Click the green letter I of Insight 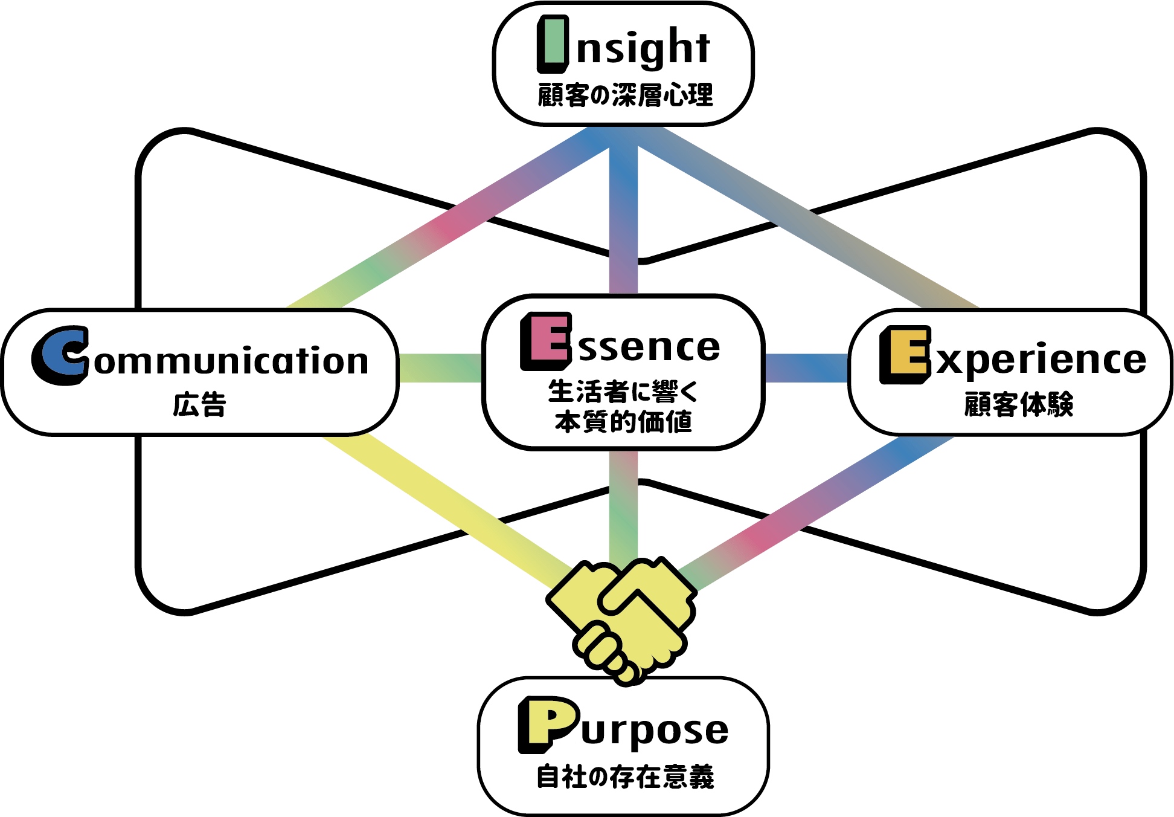[x=552, y=44]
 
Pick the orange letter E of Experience [x=904, y=354]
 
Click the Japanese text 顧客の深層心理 [x=625, y=95]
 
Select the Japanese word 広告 [x=199, y=404]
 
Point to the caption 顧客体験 [x=1018, y=404]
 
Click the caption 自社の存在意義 [x=625, y=777]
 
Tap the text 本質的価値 [x=623, y=422]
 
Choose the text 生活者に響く [x=623, y=391]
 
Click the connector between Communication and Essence [x=440, y=368]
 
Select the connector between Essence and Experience [x=807, y=368]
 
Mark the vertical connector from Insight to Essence [x=623, y=218]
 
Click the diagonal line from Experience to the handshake [x=809, y=514]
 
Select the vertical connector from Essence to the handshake [x=623, y=508]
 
